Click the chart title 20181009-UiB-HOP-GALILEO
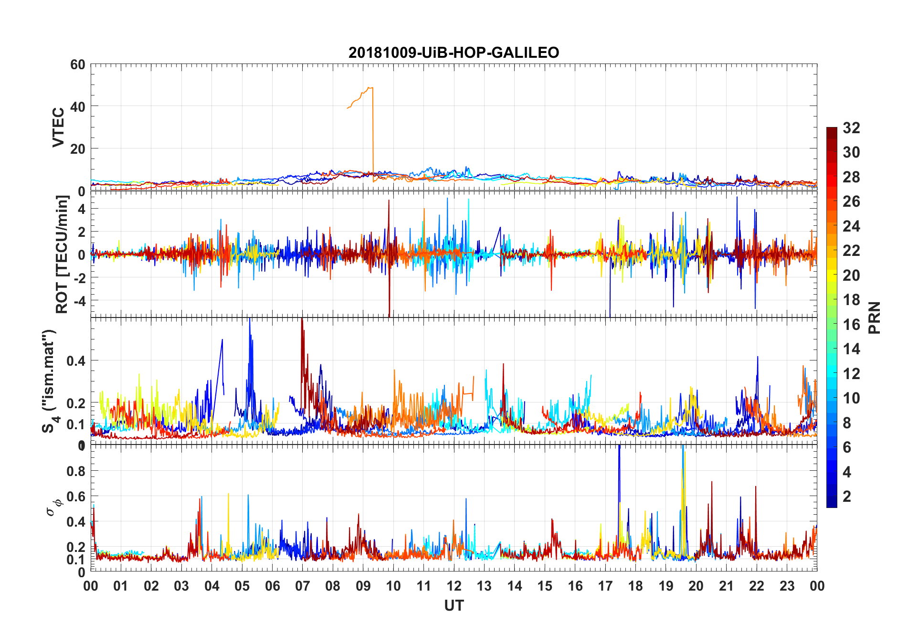point(454,53)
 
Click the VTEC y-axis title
point(58,127)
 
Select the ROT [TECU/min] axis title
point(62,254)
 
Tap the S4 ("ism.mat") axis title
point(49,381)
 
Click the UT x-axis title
point(454,606)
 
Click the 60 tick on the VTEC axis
point(78,64)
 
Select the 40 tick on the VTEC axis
point(78,106)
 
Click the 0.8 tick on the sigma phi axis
point(75,471)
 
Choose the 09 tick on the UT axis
point(363,586)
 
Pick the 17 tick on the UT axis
point(605,586)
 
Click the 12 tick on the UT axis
point(454,586)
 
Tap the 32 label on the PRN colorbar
point(851,128)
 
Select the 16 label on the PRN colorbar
point(851,325)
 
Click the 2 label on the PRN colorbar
point(847,497)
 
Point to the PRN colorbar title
point(875,317)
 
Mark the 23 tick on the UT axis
point(787,586)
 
